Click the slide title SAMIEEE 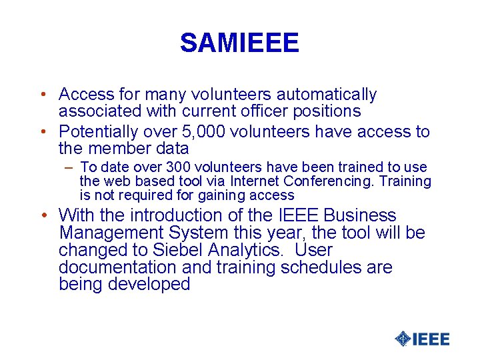pos(239,43)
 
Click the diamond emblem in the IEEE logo pos(403,339)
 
